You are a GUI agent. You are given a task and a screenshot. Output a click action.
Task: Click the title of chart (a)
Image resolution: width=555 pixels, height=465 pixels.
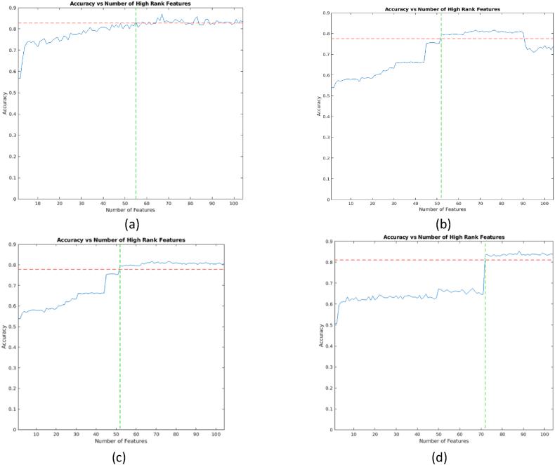pos(129,4)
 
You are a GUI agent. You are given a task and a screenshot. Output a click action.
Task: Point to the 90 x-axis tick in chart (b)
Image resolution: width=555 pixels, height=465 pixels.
pos(523,204)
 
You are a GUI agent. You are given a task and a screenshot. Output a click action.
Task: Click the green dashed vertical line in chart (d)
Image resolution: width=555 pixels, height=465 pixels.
pos(485,351)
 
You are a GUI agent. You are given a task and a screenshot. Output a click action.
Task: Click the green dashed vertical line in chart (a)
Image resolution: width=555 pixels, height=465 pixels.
pos(136,105)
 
